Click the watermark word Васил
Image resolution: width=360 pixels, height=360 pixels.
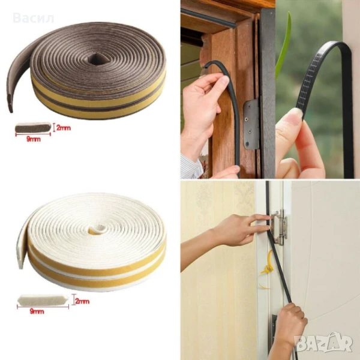pyautogui.click(x=34, y=18)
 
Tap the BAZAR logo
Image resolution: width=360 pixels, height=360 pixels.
pyautogui.click(x=323, y=343)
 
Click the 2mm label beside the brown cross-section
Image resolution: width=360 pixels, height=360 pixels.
pyautogui.click(x=64, y=128)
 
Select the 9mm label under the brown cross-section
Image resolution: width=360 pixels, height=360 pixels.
pyautogui.click(x=34, y=139)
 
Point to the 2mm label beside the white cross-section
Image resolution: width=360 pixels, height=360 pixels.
pyautogui.click(x=82, y=301)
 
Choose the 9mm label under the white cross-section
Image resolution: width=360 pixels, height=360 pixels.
pyautogui.click(x=37, y=311)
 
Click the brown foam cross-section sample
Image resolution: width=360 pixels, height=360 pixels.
pyautogui.click(x=33, y=127)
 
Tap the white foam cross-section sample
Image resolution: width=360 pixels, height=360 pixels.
pyautogui.click(x=43, y=300)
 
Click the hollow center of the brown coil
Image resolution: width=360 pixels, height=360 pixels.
pyautogui.click(x=95, y=59)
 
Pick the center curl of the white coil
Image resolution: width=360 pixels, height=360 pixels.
pyautogui.click(x=97, y=229)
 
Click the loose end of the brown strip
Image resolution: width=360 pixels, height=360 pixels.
pyautogui.click(x=10, y=103)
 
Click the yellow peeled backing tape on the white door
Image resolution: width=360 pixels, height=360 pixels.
pyautogui.click(x=266, y=269)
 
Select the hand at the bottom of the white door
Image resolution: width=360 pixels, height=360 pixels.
pyautogui.click(x=290, y=324)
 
